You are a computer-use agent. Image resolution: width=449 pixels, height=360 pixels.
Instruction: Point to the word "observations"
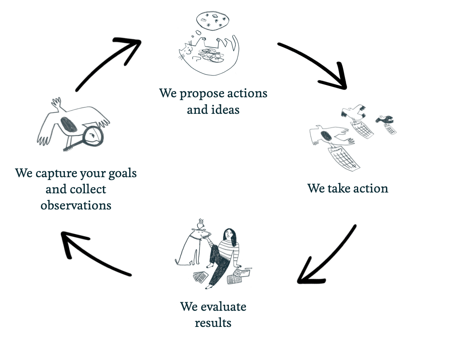pos(76,205)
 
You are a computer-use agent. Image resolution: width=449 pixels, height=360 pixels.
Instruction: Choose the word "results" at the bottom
pos(213,323)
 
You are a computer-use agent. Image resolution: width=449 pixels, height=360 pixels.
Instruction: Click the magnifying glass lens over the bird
pos(93,137)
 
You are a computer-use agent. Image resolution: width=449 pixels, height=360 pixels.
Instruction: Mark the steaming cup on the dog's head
pos(200,224)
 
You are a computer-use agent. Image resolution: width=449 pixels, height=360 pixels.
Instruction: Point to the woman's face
pos(229,234)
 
